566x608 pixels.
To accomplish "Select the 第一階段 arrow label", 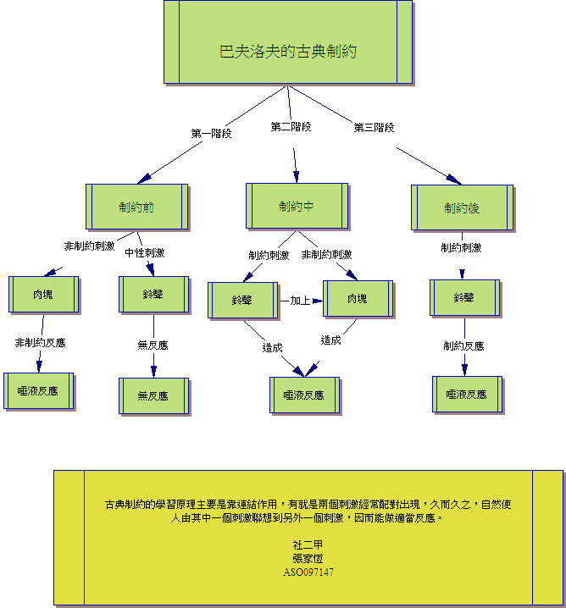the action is click(x=211, y=133).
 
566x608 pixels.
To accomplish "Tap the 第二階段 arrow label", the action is click(x=291, y=127).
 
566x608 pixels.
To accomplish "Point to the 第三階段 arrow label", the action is click(x=374, y=128).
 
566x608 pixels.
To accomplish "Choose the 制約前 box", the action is click(x=136, y=207).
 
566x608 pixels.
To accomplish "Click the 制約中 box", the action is click(x=297, y=206).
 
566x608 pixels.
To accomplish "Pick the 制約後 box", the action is click(x=462, y=207).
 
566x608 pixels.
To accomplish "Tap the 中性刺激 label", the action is click(x=145, y=252).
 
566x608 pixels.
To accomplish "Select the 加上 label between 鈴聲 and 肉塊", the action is click(x=301, y=300).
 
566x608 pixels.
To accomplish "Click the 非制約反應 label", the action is click(x=40, y=343).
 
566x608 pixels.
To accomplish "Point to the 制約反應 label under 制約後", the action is click(x=463, y=345).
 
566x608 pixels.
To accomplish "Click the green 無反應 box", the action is click(x=153, y=395).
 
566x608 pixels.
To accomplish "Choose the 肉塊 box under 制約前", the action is click(x=43, y=294).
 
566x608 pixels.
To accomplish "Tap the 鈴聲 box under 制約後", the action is click(x=463, y=298).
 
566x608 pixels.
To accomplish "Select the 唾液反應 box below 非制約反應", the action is click(x=38, y=390).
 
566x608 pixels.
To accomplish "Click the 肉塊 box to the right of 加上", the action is click(x=357, y=299).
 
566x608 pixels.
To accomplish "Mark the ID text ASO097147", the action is click(x=308, y=572).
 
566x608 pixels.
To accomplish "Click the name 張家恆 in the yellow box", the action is click(x=308, y=559).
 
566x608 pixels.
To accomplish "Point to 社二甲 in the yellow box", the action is click(x=308, y=545).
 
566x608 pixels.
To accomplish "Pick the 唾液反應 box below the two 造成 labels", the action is click(x=304, y=395).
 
